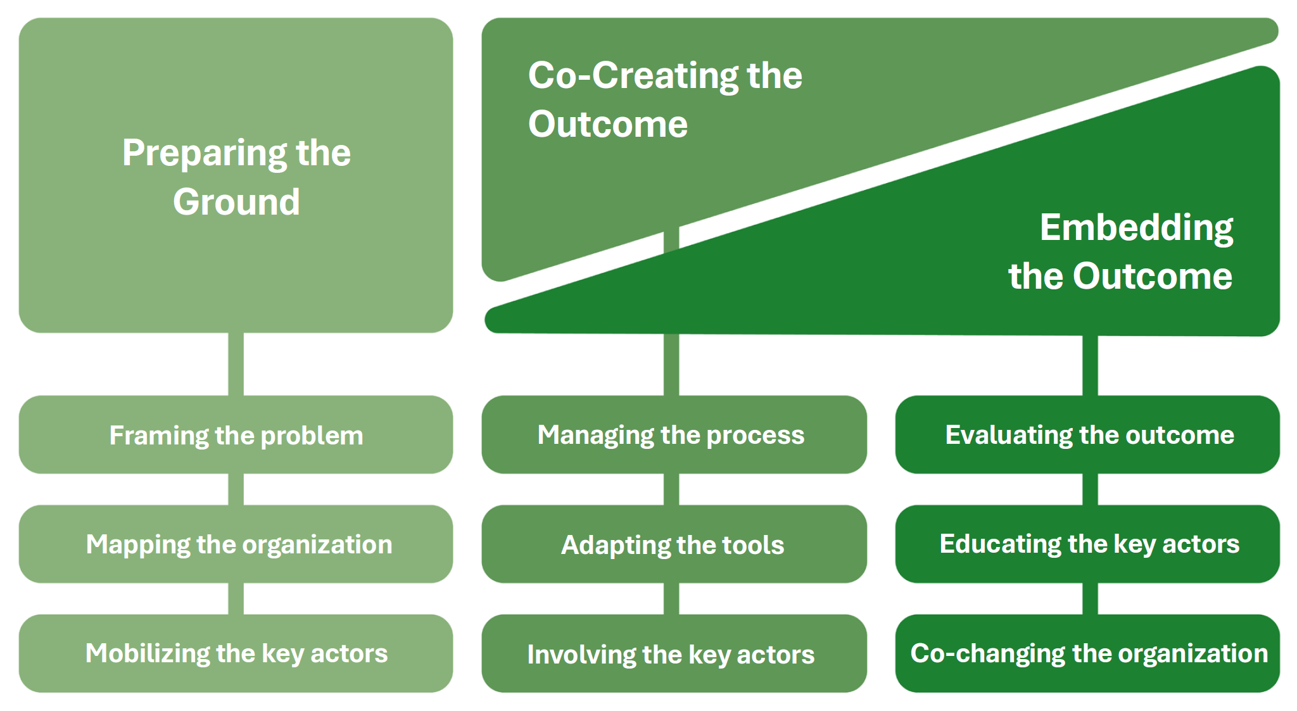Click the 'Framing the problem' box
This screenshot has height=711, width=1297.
(236, 435)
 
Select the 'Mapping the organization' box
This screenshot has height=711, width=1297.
(236, 544)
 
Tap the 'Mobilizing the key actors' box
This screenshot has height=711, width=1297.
(236, 653)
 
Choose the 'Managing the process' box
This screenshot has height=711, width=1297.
(673, 435)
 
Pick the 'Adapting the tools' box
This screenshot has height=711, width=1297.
(673, 544)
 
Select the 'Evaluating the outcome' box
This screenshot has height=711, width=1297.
(1087, 435)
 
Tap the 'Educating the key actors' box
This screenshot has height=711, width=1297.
(1087, 544)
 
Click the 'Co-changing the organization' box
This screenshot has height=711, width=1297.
(1087, 653)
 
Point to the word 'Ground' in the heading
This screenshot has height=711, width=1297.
(236, 202)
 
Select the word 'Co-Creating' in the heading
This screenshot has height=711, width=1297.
(633, 76)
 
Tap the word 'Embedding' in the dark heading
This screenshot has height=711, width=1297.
(1136, 228)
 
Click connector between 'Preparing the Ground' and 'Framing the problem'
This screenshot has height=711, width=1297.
(236, 364)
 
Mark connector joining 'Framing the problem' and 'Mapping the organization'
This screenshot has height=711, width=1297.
(236, 489)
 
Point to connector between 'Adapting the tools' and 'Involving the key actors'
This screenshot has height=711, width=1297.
(671, 598)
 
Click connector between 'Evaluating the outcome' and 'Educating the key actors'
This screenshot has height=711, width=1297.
(1090, 489)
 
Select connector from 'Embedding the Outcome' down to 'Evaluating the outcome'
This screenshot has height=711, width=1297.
(1090, 365)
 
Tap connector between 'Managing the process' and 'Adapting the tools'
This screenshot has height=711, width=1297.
(671, 489)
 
